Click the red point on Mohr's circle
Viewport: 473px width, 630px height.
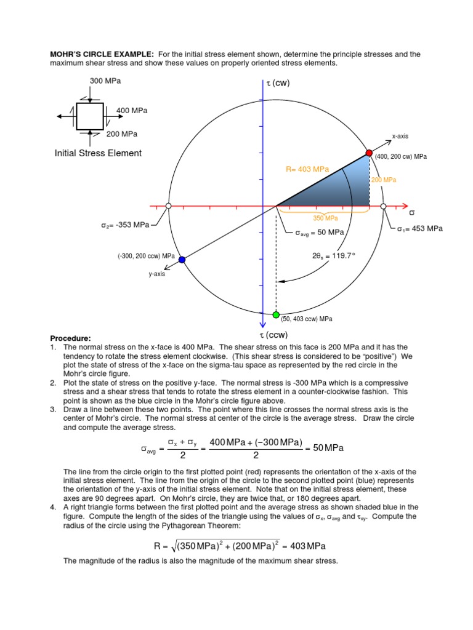(369, 153)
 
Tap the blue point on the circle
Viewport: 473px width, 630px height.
(182, 260)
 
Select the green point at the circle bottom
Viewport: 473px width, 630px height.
(276, 315)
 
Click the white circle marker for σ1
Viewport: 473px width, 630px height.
(383, 206)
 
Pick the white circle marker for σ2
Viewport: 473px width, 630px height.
(168, 206)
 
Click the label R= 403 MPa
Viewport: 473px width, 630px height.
(308, 169)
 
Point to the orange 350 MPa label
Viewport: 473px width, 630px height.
(326, 218)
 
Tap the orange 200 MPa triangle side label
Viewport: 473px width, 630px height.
(383, 180)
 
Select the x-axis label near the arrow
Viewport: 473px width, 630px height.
(400, 136)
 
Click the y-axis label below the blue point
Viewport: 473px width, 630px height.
(156, 274)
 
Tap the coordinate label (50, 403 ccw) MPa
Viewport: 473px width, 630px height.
(307, 319)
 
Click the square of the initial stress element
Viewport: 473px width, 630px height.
(90, 116)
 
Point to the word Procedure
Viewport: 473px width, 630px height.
(70, 338)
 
